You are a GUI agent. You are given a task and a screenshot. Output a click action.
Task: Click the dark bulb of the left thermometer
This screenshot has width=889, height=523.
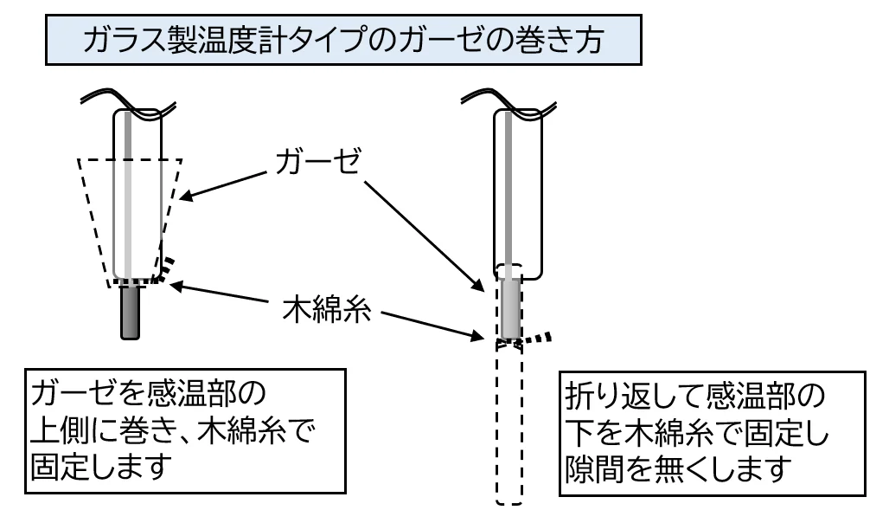[x=131, y=312]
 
